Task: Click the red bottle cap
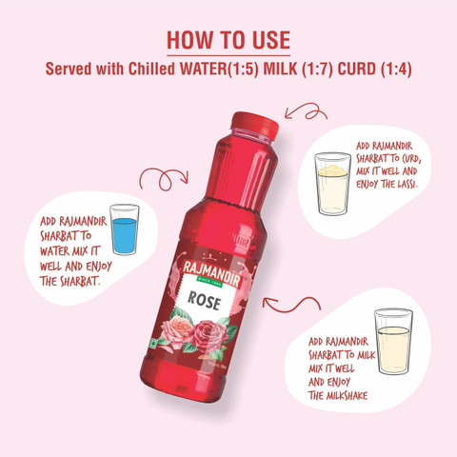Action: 255,125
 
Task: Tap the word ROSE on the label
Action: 204,301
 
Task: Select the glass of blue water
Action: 125,229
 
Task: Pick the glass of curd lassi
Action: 332,184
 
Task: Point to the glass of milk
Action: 393,342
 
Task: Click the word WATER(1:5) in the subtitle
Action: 219,69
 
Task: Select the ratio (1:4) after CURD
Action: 396,69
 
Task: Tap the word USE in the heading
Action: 271,40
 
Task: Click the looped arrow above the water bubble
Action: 164,179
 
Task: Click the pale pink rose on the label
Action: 176,328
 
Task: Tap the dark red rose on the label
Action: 209,336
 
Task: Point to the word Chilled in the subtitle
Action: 151,69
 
